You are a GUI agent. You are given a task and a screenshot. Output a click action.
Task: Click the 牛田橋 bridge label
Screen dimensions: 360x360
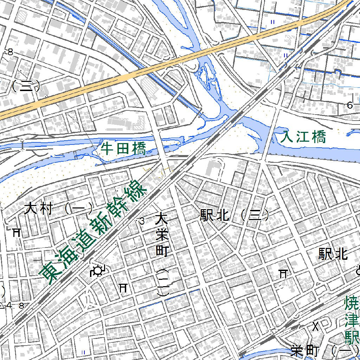pos(123,149)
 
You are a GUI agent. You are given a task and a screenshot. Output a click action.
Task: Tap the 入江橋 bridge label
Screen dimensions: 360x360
pos(304,137)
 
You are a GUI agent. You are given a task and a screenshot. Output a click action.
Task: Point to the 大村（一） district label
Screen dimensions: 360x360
pos(58,210)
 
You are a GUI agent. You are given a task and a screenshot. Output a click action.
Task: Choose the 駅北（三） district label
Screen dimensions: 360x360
pos(234,215)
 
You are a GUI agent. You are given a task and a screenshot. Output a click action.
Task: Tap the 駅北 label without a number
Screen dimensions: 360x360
pos(333,254)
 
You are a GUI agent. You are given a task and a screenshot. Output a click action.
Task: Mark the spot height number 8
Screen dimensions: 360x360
pos(10,52)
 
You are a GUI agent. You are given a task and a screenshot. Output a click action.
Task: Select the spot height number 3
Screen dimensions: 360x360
pos(142,221)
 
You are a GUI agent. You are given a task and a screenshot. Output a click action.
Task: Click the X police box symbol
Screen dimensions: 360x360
pos(316,327)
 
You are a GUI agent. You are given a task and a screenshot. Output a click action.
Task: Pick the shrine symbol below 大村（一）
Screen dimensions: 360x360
pos(16,232)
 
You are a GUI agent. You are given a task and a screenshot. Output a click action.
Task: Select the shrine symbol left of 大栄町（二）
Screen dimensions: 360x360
pos(123,288)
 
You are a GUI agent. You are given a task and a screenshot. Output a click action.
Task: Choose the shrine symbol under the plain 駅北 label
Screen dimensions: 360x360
pos(283,274)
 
